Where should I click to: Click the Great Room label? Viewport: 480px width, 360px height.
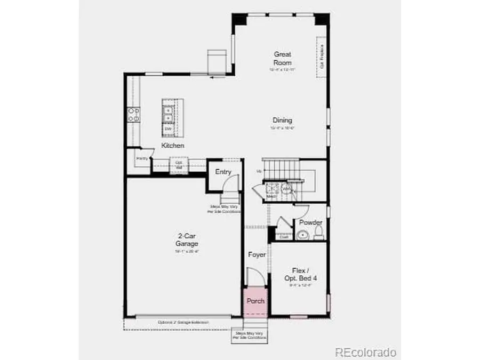click(283, 58)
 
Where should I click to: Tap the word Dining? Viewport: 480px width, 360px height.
click(283, 121)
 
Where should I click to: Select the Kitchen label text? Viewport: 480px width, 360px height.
click(173, 146)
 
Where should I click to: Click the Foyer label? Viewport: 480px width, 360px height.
click(257, 255)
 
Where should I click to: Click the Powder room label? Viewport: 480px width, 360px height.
click(310, 222)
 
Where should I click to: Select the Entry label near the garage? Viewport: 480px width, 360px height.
click(223, 172)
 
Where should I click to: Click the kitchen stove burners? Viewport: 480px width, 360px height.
click(133, 115)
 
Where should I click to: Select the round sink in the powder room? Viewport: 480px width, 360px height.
click(302, 234)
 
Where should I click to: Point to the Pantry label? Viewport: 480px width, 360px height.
click(141, 158)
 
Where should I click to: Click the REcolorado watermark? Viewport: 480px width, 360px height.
click(365, 352)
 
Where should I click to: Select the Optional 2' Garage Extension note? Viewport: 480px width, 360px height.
click(183, 322)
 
